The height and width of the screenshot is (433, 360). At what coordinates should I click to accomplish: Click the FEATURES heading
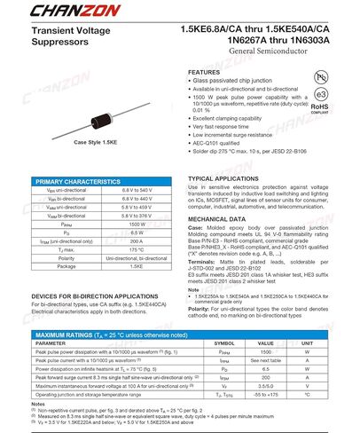coord(204,72)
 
